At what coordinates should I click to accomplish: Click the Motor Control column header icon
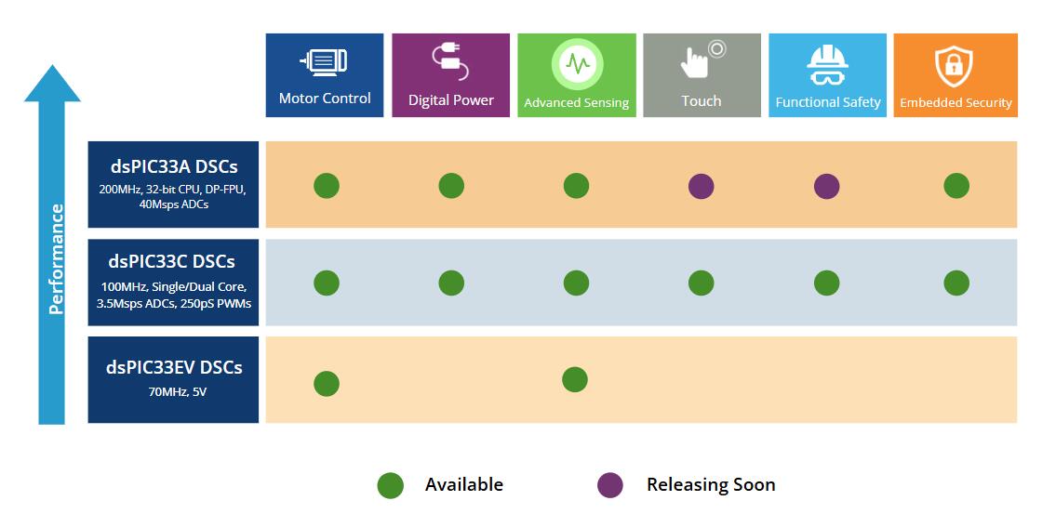pyautogui.click(x=324, y=61)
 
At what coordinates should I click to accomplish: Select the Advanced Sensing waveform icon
pyautogui.click(x=577, y=63)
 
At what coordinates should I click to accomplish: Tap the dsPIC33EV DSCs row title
pyautogui.click(x=174, y=367)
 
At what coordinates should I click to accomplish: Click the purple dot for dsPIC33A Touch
pyautogui.click(x=701, y=186)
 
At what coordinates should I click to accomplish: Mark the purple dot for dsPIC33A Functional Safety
pyautogui.click(x=826, y=186)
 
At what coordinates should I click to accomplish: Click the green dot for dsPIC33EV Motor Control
pyautogui.click(x=326, y=383)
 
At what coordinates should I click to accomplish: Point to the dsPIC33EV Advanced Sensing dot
pyautogui.click(x=575, y=379)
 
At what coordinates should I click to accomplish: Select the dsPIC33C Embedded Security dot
pyautogui.click(x=956, y=283)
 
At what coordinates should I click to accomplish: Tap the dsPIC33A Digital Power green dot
pyautogui.click(x=450, y=186)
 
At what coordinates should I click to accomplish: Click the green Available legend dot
pyautogui.click(x=390, y=485)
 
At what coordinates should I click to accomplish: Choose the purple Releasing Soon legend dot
pyautogui.click(x=609, y=485)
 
